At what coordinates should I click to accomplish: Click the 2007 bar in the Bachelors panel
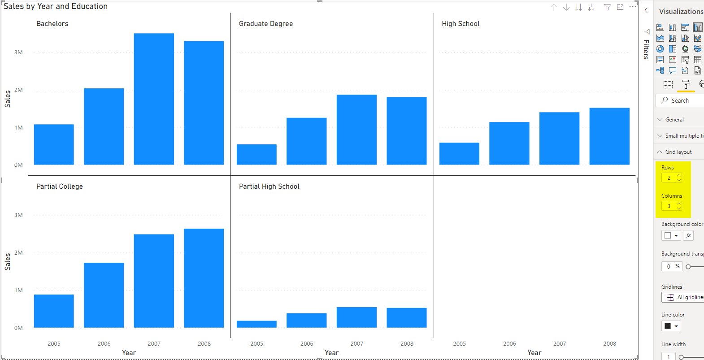pos(154,99)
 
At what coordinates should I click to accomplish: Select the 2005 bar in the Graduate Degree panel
pos(256,154)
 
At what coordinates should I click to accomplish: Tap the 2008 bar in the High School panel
pos(609,136)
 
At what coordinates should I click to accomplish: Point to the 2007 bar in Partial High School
pos(356,317)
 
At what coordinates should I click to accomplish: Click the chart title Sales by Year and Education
pos(56,6)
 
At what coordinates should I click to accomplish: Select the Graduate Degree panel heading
pos(265,24)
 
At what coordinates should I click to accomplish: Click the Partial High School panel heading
pos(269,187)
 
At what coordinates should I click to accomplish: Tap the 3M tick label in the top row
pos(18,52)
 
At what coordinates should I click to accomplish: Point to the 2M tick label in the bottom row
pos(18,253)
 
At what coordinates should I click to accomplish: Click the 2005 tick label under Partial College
pos(54,344)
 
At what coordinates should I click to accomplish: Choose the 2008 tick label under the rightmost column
pos(609,344)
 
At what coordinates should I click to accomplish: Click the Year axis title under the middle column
pos(331,353)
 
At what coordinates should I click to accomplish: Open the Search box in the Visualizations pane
pos(682,100)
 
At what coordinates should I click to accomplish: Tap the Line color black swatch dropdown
pos(671,326)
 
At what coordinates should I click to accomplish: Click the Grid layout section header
pos(678,152)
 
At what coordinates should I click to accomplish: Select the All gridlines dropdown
pos(684,297)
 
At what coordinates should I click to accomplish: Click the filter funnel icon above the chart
pos(607,7)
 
